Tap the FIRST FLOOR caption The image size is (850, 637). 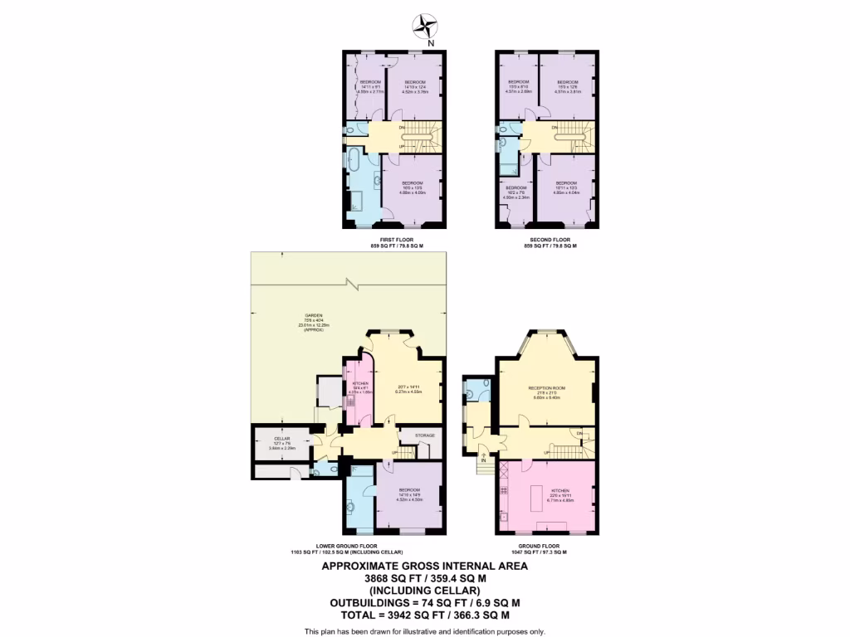tap(397, 238)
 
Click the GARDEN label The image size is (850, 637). tap(313, 316)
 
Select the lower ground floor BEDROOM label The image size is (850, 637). tap(409, 489)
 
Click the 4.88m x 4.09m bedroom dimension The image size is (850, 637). tap(413, 192)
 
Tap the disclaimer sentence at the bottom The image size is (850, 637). tap(424, 632)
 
